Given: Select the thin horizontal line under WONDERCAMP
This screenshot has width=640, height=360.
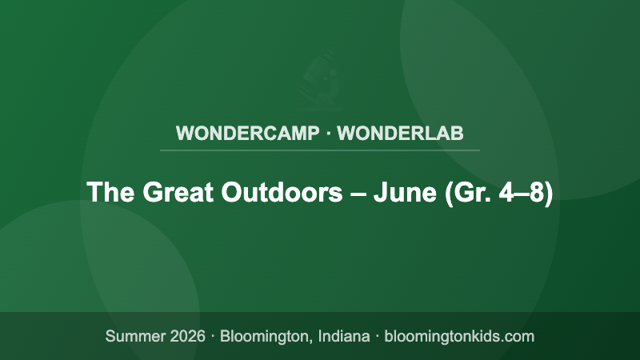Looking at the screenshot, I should click(x=320, y=150).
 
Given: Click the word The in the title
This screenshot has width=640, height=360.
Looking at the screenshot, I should click(x=109, y=193).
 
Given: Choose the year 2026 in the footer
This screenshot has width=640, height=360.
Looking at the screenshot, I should click(x=189, y=336).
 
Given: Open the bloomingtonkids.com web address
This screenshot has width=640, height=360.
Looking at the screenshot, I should click(x=459, y=336).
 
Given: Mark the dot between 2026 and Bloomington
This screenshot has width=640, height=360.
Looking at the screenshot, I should click(x=214, y=336).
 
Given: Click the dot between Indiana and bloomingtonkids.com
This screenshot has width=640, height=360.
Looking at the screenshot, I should click(x=378, y=336).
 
